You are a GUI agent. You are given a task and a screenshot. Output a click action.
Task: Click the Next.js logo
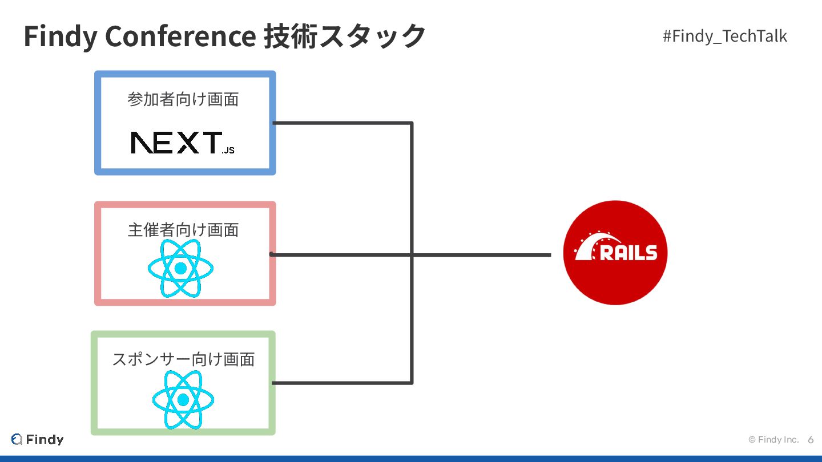point(182,143)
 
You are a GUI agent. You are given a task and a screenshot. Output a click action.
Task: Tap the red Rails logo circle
point(615,252)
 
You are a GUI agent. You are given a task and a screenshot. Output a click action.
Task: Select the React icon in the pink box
point(180,268)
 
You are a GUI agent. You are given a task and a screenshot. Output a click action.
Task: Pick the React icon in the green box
point(183,399)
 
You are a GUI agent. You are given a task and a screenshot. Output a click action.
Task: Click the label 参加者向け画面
point(183,100)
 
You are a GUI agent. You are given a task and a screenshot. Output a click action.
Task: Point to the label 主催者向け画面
point(183,230)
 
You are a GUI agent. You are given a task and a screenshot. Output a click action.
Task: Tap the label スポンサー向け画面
point(183,359)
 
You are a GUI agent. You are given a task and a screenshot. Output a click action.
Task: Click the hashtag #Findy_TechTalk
point(724,37)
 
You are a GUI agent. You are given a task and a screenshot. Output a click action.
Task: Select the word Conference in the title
point(180,36)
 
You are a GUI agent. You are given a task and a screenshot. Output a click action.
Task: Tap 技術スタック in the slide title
point(345,36)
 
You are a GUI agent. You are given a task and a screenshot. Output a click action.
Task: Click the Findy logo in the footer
point(38,439)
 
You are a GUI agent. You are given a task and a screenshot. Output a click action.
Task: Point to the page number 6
point(811,440)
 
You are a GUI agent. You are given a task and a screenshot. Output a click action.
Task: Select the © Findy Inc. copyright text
point(773,440)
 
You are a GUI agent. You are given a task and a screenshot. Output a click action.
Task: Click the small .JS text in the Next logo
point(228,151)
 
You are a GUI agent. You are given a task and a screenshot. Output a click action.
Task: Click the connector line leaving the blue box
point(342,123)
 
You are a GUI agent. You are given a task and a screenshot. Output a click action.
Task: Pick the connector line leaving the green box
point(342,383)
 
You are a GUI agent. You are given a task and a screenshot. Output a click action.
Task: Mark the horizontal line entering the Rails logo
point(485,254)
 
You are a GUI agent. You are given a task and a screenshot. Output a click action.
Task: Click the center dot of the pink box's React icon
point(180,268)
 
